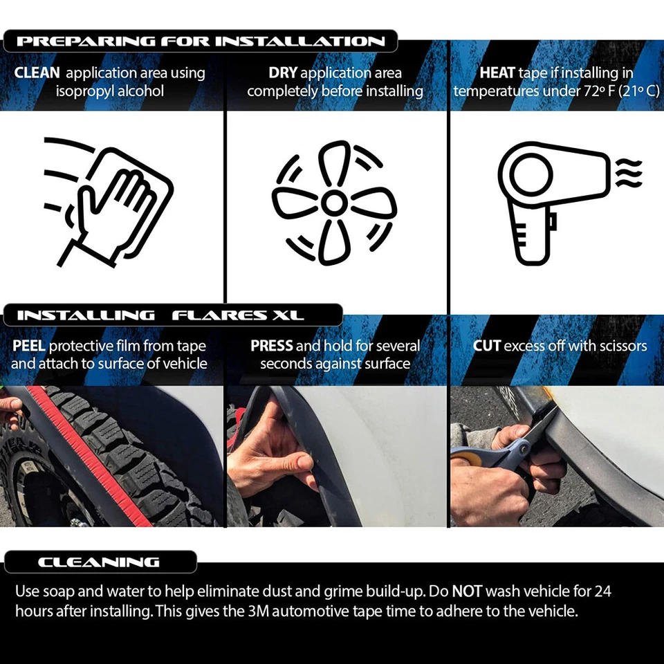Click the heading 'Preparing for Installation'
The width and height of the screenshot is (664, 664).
tap(200, 41)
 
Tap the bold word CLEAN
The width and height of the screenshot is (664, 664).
tap(37, 73)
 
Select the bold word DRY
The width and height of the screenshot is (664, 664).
tap(283, 73)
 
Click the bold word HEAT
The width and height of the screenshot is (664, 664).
tap(497, 73)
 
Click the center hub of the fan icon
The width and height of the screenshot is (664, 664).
tap(335, 203)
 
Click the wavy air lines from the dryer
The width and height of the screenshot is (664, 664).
tap(629, 173)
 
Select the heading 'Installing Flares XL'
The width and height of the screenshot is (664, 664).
tap(160, 315)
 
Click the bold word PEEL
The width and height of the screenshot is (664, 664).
tap(28, 346)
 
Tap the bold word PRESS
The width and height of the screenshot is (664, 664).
tap(272, 346)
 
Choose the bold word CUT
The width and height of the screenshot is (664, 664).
tap(487, 346)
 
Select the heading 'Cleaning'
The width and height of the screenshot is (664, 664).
tap(98, 562)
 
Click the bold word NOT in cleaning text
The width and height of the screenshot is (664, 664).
tap(467, 592)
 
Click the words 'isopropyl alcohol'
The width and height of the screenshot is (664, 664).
tap(110, 91)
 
